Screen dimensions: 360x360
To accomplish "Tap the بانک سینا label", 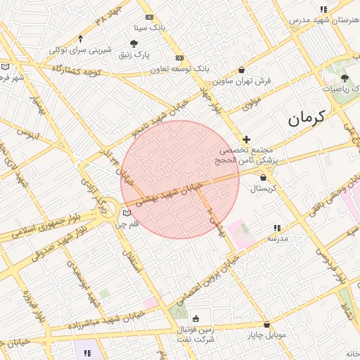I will pos(152,29).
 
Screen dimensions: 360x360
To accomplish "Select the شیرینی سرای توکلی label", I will pos(79,50).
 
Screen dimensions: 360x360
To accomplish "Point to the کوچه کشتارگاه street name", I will pos(77,72).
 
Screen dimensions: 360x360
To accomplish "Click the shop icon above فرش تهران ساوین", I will pos(243,70).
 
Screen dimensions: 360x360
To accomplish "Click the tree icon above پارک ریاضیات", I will pos(344,78).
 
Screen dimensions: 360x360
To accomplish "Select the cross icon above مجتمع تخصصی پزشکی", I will pos(246,140).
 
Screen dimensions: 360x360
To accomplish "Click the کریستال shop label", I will pos(264,188).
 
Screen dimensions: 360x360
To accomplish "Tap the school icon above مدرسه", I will pos(278,228).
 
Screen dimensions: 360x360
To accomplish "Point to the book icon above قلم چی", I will pos(127,213).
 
